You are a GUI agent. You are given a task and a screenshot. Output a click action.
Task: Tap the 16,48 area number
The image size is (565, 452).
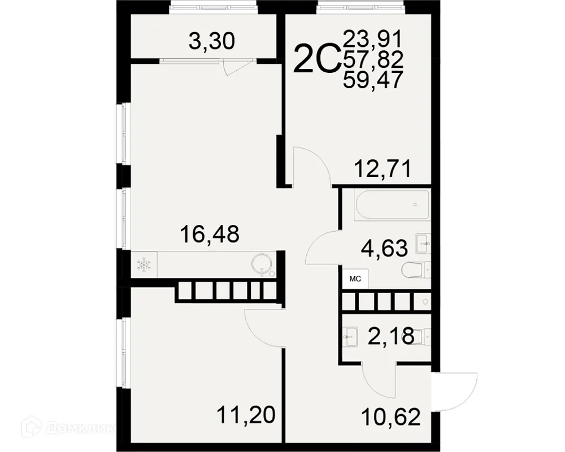209,233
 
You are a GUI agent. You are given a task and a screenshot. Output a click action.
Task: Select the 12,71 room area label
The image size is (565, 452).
382,168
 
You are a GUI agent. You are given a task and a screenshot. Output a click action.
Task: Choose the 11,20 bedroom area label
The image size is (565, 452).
246,415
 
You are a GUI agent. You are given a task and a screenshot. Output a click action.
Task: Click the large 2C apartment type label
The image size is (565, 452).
316,59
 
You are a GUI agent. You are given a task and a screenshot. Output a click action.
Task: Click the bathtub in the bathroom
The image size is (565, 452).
392,205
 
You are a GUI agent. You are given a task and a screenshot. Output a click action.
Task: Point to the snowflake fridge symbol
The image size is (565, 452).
145,264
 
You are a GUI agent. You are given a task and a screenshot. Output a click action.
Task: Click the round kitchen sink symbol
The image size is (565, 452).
262,263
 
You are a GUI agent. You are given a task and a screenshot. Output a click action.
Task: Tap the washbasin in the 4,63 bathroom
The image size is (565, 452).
423,244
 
